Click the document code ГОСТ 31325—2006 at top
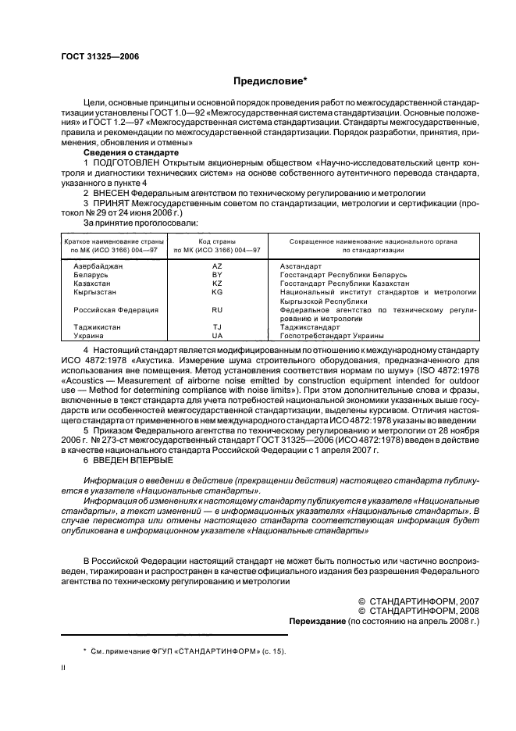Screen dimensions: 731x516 [x=99, y=55]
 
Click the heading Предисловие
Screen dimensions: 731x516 [x=269, y=80]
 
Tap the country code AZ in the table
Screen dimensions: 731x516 [x=217, y=266]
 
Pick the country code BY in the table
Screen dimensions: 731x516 [x=217, y=275]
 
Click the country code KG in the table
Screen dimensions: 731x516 [x=217, y=292]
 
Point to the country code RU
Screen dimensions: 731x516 [x=217, y=310]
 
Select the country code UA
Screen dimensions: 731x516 [x=217, y=335]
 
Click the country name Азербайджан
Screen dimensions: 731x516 [x=98, y=266]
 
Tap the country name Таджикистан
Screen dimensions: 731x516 [x=98, y=327]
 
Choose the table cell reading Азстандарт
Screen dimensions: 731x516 [x=300, y=266]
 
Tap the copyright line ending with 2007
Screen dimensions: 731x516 [x=418, y=601]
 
